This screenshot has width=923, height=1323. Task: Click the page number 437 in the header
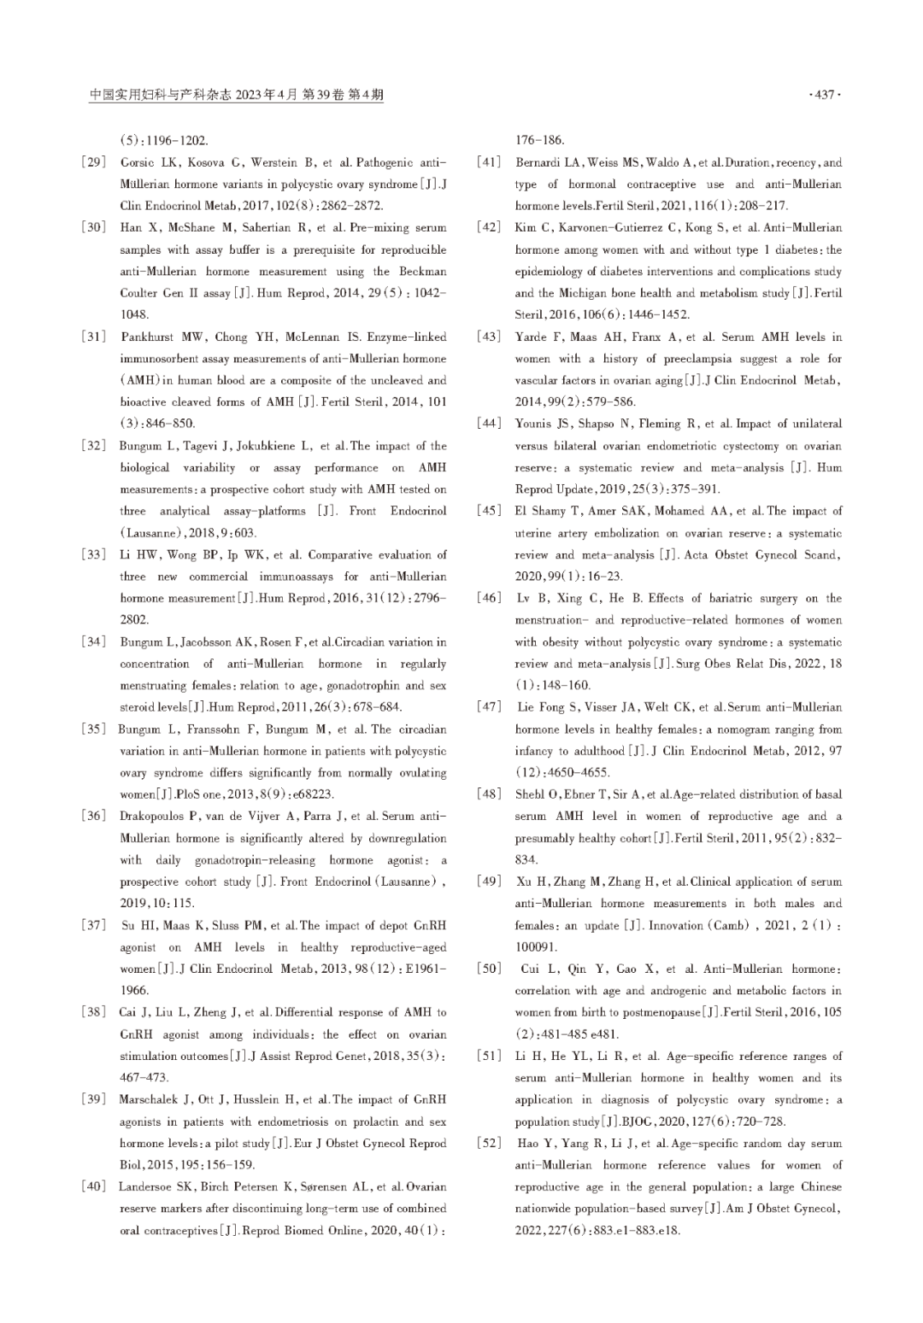pyautogui.click(x=824, y=95)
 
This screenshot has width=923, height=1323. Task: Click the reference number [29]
pyautogui.click(x=94, y=162)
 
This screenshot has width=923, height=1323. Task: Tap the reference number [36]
pyautogui.click(x=94, y=817)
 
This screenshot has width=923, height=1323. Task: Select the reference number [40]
pyautogui.click(x=94, y=1187)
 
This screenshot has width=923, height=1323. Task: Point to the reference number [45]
pyautogui.click(x=490, y=511)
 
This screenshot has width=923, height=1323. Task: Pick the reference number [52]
pyautogui.click(x=490, y=1143)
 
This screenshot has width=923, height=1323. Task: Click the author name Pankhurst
pyautogui.click(x=148, y=337)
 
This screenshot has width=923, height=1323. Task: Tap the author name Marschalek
pyautogui.click(x=151, y=1100)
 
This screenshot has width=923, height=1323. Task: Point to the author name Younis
pyautogui.click(x=535, y=424)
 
